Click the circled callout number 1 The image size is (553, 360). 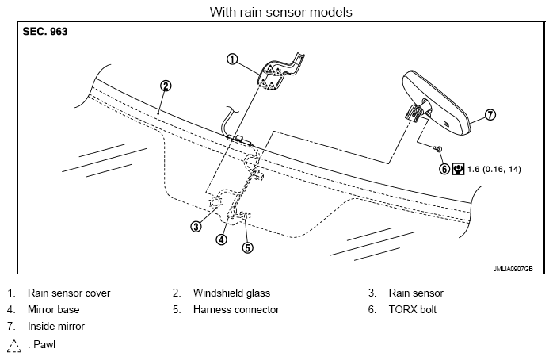point(232,59)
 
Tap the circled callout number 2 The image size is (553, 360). point(165,86)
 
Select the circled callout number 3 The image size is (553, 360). point(195,226)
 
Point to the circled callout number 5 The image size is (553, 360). point(247,247)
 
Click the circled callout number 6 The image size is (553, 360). point(444,168)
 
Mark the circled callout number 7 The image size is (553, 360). point(490,115)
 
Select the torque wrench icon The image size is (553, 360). point(457,168)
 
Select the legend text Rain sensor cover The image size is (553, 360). point(69,293)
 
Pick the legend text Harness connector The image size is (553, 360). point(236,309)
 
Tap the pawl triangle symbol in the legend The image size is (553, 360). point(14,345)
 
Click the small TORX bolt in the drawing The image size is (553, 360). point(438,149)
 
